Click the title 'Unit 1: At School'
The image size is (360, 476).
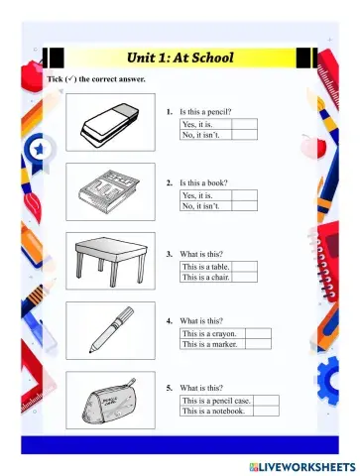coord(180,58)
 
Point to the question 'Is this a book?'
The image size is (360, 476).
coord(207,183)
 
